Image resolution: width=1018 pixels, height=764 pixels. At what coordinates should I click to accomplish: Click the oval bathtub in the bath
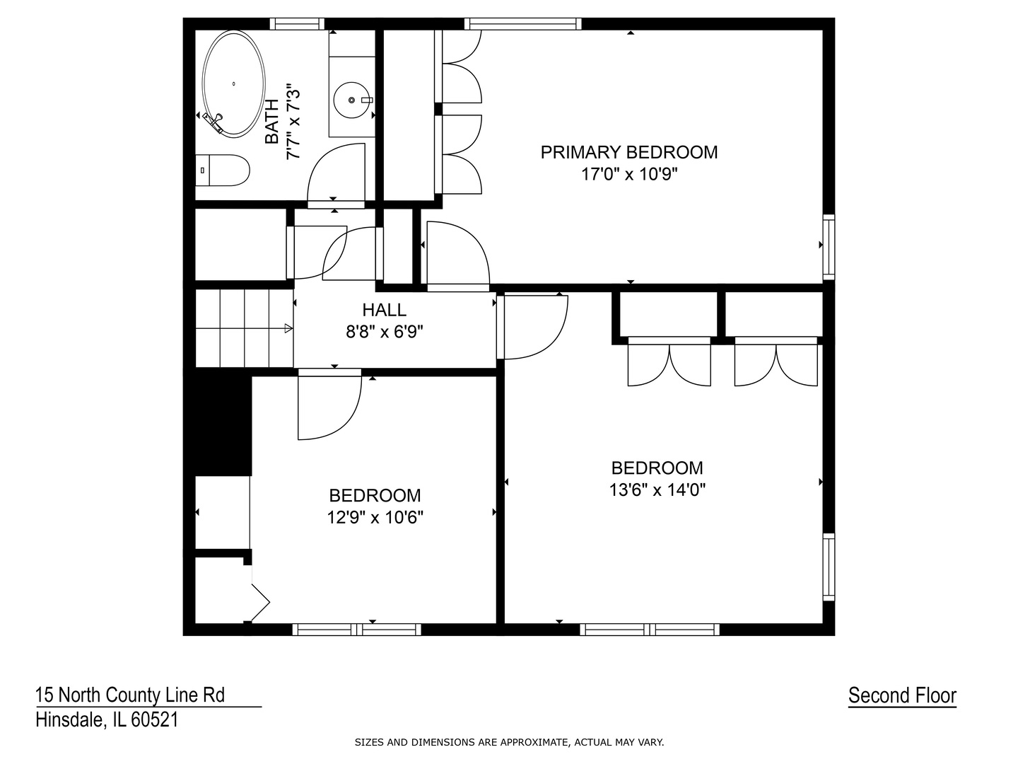(234, 83)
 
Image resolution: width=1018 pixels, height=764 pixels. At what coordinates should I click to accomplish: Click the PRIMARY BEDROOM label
(628, 152)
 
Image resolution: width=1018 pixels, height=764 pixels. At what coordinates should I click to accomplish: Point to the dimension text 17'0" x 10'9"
(628, 174)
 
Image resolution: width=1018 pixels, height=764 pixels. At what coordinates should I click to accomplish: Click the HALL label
(384, 310)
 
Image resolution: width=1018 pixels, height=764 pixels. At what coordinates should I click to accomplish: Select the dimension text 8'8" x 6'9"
(384, 331)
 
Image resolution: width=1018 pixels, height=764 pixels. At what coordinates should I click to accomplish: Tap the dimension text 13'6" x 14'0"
(657, 490)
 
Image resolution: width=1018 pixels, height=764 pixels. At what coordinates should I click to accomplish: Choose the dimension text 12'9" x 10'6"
(375, 517)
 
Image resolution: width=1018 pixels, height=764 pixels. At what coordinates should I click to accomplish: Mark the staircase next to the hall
(244, 328)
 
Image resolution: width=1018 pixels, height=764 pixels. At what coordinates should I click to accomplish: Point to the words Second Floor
(902, 695)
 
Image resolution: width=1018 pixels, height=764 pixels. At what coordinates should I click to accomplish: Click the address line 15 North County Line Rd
(130, 695)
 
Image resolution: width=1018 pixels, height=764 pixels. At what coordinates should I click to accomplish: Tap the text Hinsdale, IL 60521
(107, 720)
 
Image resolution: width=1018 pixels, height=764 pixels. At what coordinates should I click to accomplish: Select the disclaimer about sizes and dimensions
(509, 743)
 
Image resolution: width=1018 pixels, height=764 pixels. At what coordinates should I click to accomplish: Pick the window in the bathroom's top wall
(297, 24)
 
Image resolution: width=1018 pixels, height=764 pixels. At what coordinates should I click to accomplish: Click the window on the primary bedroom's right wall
(829, 246)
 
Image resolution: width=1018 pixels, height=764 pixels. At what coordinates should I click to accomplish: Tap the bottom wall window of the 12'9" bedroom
(356, 630)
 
